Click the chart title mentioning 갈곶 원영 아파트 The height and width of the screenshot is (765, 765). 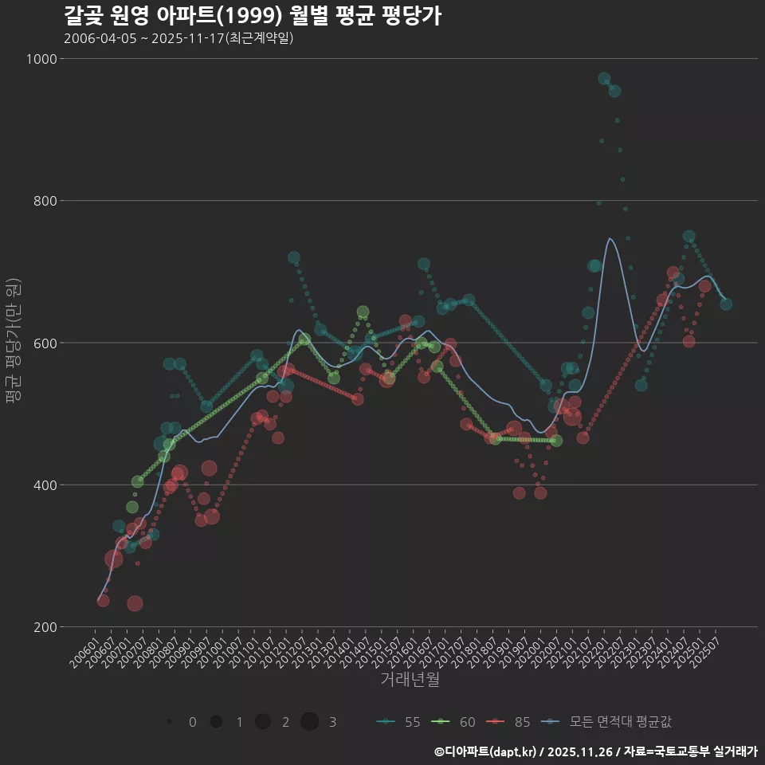point(252,16)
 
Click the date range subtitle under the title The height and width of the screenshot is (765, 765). point(179,38)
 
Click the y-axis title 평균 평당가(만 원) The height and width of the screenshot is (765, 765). point(12,343)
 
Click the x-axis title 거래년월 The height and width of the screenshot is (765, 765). point(410,680)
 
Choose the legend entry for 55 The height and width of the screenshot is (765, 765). point(398,722)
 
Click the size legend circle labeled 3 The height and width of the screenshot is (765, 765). point(310,722)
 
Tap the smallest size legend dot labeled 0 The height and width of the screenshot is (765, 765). point(170,722)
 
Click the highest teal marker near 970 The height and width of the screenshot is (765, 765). point(604,78)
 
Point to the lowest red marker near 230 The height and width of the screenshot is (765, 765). point(135,603)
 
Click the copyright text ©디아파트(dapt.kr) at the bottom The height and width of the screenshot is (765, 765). point(486,751)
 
